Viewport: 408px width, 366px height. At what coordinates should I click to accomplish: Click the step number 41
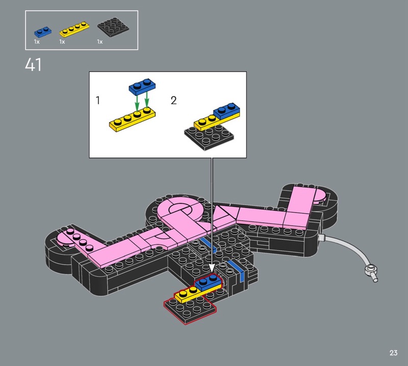(x=33, y=65)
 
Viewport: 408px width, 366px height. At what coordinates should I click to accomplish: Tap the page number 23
(x=393, y=353)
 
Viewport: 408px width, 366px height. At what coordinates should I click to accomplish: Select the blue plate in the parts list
(x=43, y=32)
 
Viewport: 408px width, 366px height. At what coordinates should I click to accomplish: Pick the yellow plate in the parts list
(x=74, y=30)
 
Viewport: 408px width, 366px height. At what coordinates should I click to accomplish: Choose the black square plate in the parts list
(x=113, y=27)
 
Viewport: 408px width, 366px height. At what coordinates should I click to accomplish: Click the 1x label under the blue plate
(x=37, y=42)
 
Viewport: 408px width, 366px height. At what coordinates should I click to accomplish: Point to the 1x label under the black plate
(x=100, y=42)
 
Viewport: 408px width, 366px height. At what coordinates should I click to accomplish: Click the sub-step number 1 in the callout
(x=98, y=100)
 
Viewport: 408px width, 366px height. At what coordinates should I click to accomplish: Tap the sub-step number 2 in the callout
(x=173, y=100)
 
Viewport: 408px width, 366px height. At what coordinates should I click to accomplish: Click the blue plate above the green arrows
(x=142, y=86)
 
